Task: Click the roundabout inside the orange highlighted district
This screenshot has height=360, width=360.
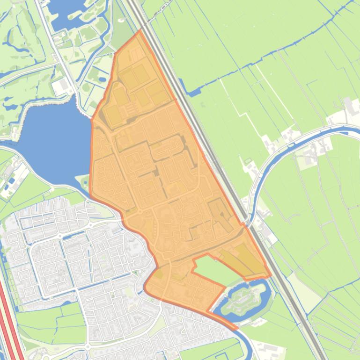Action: click(139, 212)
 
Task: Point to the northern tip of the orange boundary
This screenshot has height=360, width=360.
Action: click(140, 31)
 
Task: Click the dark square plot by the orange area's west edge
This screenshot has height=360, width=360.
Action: click(113, 115)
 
